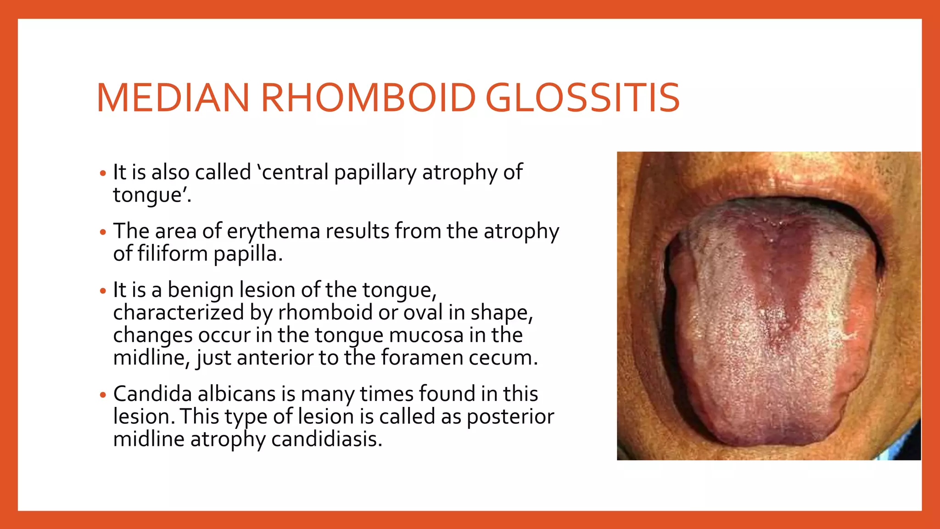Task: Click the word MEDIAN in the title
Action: pos(173,98)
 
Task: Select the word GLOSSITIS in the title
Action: pos(582,98)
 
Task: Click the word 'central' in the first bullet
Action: pos(293,173)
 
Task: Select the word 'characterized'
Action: pos(179,313)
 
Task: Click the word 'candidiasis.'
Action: pos(326,439)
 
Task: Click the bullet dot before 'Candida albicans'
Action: pos(103,395)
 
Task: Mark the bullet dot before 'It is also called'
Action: pos(103,174)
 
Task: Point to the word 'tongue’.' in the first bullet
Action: pos(151,195)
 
